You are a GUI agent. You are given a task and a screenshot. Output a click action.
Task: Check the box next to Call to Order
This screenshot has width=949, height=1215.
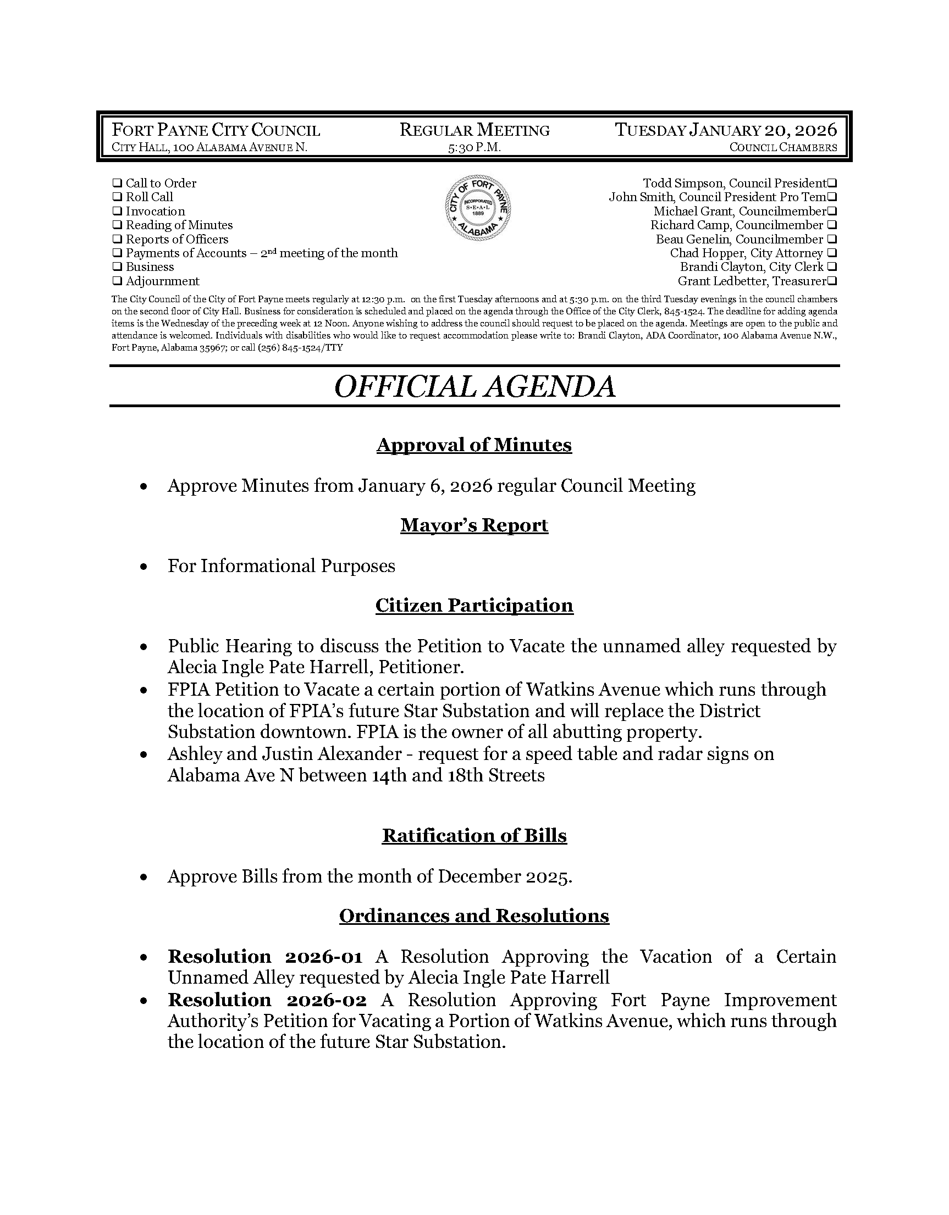[117, 183]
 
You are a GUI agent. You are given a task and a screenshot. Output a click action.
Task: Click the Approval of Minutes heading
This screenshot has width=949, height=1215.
[474, 445]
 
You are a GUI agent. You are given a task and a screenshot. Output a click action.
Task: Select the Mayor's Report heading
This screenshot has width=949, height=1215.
[474, 525]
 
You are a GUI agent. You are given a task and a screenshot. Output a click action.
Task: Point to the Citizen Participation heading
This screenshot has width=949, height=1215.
[474, 605]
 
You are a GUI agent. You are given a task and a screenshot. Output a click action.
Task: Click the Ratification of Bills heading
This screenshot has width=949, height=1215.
[474, 836]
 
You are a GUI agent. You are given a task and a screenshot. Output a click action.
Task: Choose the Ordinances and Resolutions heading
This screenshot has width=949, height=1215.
[474, 916]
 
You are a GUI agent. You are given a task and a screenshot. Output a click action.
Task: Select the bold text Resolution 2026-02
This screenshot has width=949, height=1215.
[267, 1000]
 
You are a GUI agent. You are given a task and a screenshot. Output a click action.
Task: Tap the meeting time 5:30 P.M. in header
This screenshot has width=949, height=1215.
[474, 147]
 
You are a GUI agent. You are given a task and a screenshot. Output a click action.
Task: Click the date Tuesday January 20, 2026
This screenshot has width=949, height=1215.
[726, 130]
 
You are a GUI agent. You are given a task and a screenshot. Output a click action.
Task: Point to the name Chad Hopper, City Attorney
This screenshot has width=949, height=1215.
[746, 253]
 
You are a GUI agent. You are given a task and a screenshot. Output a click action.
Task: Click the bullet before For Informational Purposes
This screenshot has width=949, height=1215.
[144, 567]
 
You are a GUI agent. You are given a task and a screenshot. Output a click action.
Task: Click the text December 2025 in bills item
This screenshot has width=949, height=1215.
[503, 876]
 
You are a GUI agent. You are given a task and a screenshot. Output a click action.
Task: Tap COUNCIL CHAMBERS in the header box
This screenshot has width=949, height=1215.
[783, 147]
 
